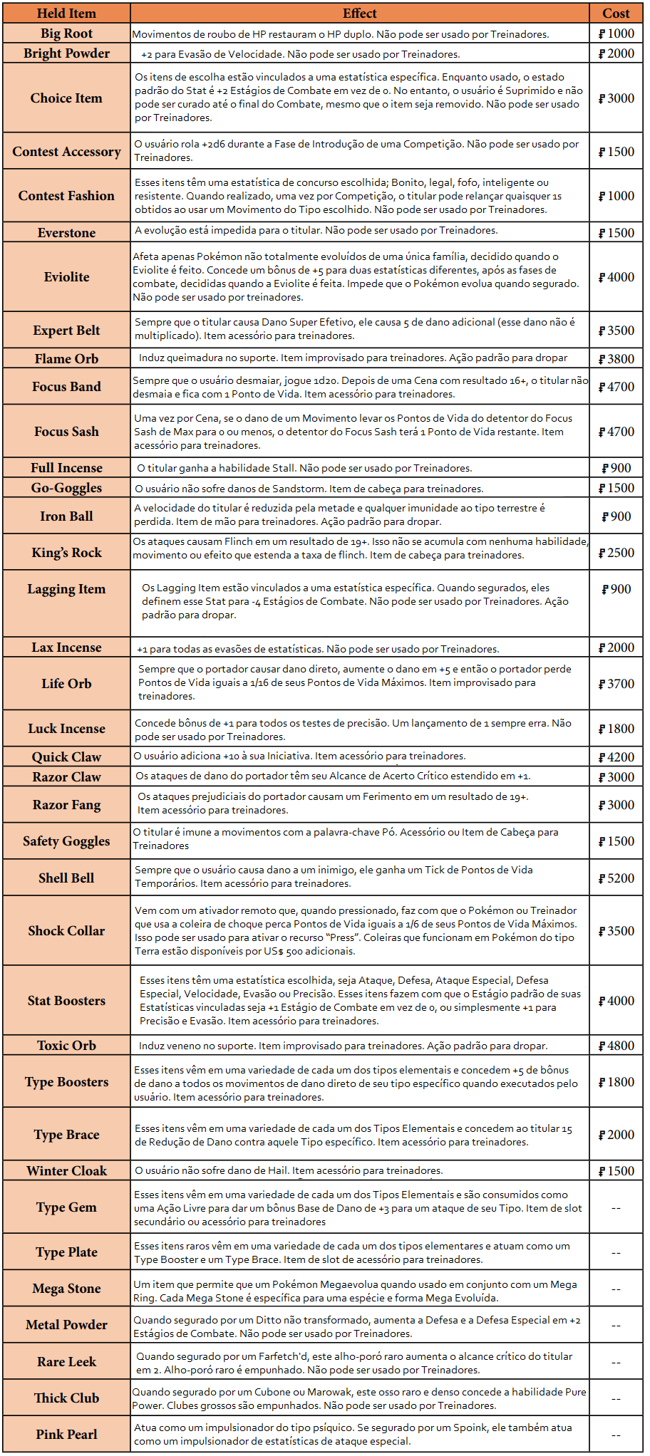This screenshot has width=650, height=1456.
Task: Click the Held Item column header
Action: (66, 14)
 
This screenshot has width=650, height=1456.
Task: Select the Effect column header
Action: (360, 14)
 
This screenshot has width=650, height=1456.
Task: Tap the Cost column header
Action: (616, 14)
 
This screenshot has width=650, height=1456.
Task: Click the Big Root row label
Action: (66, 33)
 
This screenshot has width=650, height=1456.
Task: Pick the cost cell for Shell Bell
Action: (616, 878)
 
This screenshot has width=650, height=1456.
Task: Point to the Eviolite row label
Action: (66, 277)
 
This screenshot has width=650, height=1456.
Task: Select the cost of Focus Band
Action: (616, 387)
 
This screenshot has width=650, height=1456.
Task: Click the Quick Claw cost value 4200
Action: (616, 757)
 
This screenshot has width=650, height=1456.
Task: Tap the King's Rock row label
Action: (66, 553)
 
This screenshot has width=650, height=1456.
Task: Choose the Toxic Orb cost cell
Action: (616, 1046)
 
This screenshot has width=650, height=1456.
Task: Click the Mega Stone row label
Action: (66, 1289)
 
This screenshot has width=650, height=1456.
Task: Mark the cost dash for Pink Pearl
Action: (616, 1435)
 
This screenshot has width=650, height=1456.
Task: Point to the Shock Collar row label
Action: (66, 931)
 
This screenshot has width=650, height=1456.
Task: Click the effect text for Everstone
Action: (316, 231)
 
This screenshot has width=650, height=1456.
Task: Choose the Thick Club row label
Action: (66, 1398)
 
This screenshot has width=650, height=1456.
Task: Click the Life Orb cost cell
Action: (616, 684)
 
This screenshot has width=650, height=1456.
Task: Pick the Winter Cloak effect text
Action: (288, 1171)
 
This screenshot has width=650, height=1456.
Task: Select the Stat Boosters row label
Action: (66, 1001)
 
